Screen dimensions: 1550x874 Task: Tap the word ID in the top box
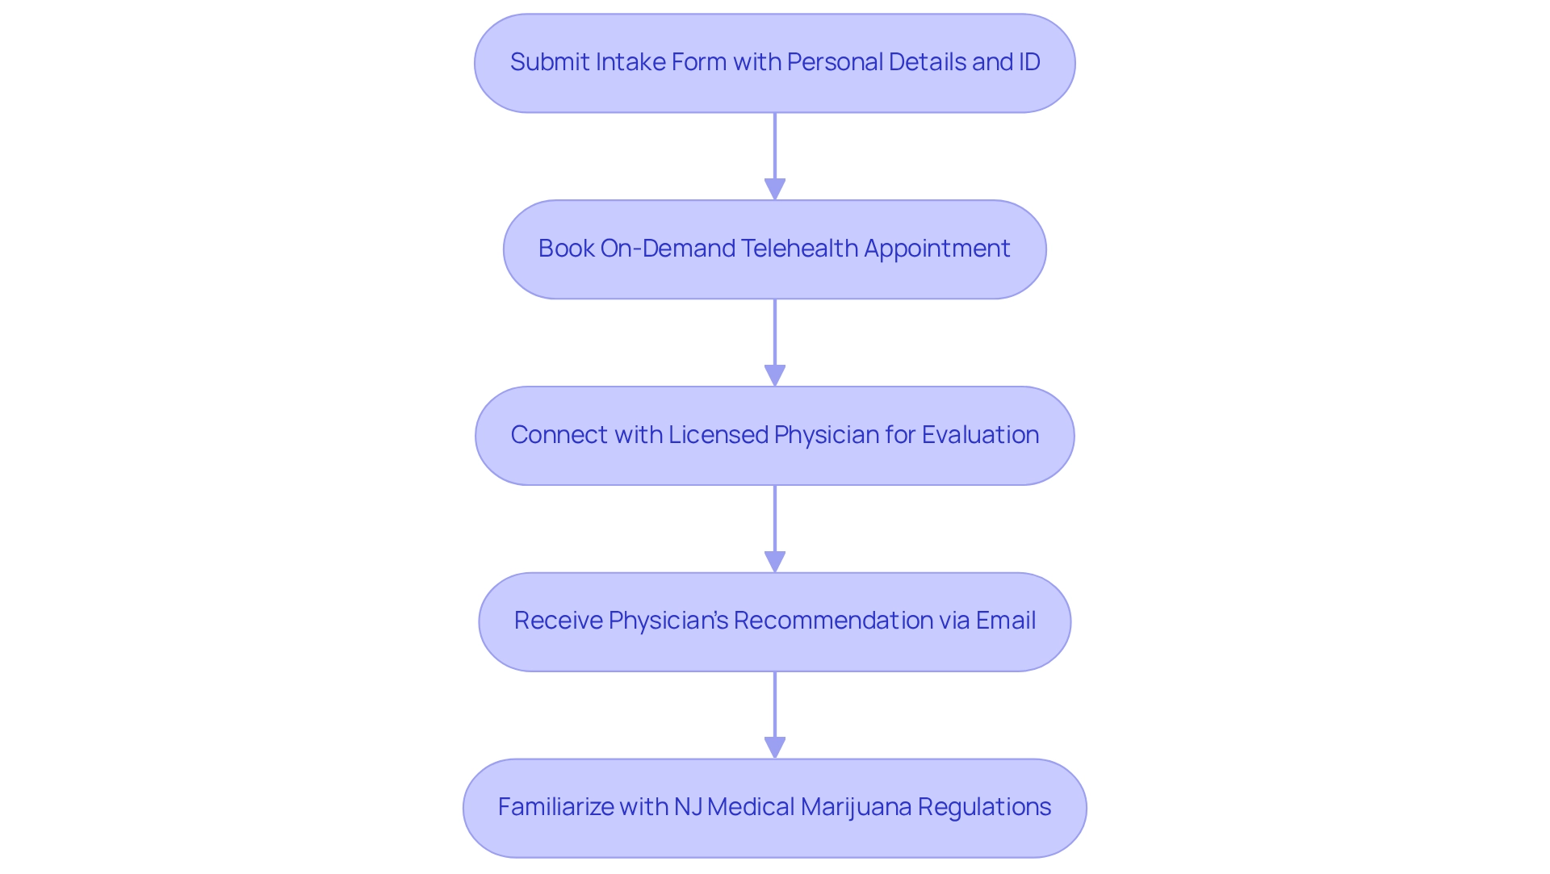coord(1029,62)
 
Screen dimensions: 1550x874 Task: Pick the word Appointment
coord(937,249)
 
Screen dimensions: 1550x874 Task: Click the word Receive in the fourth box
coord(558,621)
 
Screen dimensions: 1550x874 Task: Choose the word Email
coord(1006,621)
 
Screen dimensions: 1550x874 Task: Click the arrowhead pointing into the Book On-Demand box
coord(775,190)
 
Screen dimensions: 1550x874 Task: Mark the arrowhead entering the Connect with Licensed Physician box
coord(775,376)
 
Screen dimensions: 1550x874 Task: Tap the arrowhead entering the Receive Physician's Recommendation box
coord(775,562)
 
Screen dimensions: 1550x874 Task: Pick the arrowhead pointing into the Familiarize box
coord(775,748)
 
